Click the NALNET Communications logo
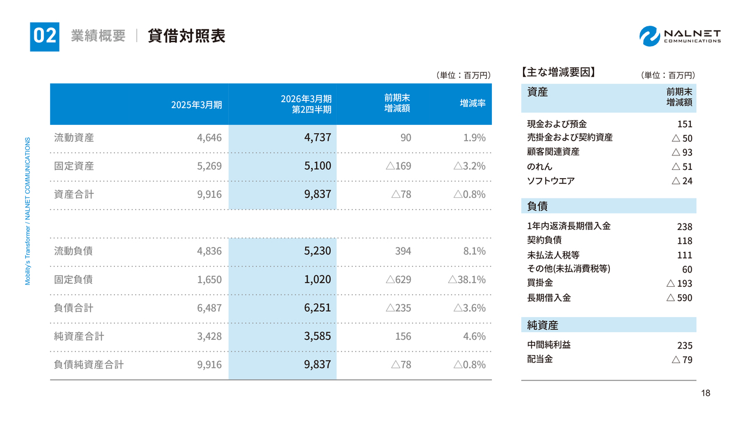point(680,36)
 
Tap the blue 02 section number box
point(44,36)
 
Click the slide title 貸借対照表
point(186,36)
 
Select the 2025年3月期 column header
point(196,105)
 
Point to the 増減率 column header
point(473,103)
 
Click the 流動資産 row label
point(74,138)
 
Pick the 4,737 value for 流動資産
point(317,138)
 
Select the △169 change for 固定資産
point(398,166)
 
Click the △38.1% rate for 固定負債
point(466,280)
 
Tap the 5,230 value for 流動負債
point(317,251)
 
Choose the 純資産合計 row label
point(79,336)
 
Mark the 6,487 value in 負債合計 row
point(210,308)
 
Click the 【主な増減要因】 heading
point(557,73)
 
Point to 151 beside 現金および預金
point(685,124)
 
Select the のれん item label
point(539,166)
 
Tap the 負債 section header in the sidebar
point(537,206)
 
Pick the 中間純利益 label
point(549,345)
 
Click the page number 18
point(706,394)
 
